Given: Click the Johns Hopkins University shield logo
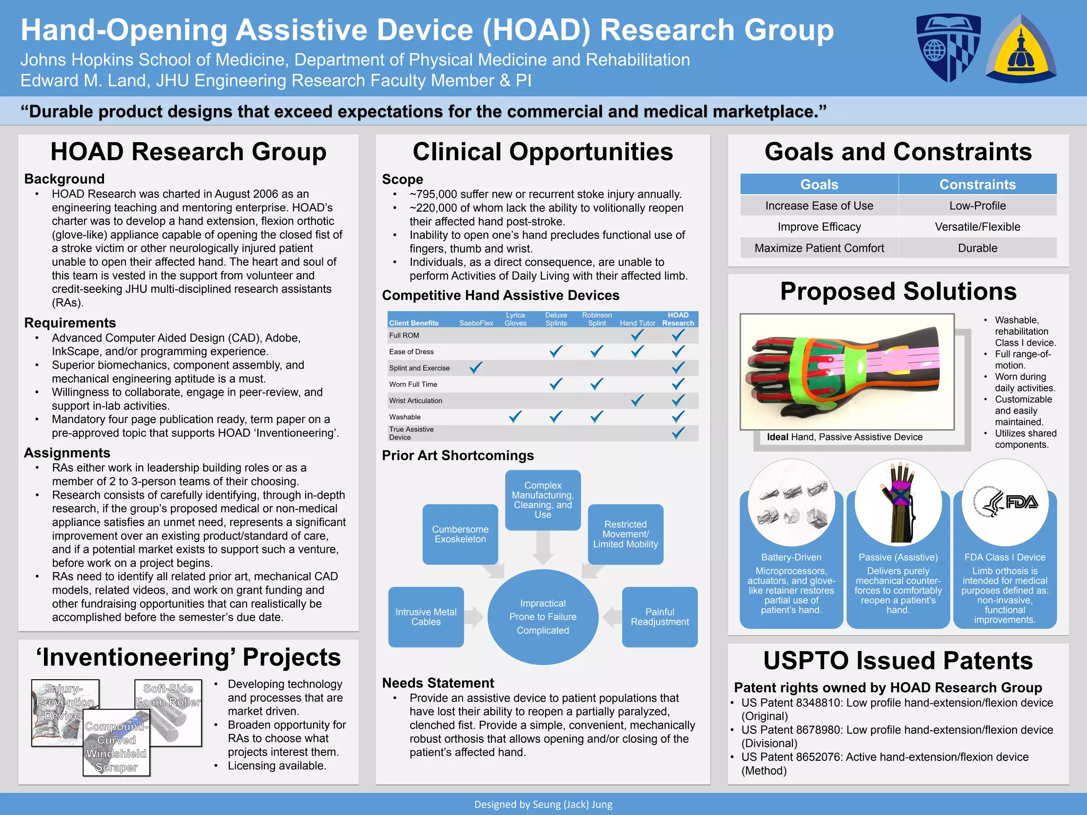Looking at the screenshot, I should [948, 47].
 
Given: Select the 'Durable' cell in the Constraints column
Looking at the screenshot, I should [977, 248].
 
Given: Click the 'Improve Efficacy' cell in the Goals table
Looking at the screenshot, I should [819, 227].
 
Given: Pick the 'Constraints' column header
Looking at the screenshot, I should [977, 184].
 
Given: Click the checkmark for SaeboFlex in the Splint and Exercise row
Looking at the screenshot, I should [476, 367].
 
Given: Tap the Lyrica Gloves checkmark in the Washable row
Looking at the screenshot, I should [515, 417].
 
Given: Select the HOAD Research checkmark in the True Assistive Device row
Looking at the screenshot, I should [678, 433].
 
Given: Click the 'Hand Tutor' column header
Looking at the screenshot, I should [637, 323].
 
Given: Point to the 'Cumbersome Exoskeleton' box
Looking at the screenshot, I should [460, 534].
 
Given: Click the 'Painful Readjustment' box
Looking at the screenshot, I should [659, 617].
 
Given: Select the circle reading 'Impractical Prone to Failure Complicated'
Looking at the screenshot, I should [542, 617].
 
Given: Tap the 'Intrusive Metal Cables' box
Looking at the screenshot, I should [426, 617].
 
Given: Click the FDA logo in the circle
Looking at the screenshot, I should [1005, 502].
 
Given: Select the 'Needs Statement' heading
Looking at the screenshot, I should [438, 683].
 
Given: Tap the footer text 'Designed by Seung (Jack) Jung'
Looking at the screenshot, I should [543, 804].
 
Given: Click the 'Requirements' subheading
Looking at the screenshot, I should [70, 323].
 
